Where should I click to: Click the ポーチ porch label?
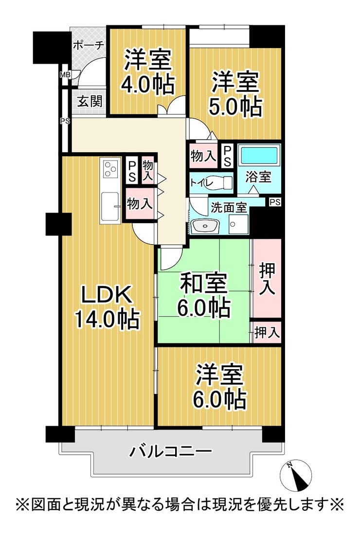coord(89,46)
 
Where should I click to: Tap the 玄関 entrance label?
coord(89,101)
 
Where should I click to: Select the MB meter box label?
coord(64,74)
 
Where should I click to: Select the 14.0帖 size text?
coord(107,319)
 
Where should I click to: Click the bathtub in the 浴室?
coord(259,156)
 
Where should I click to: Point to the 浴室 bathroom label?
coord(258,177)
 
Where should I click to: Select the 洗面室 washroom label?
coord(229,208)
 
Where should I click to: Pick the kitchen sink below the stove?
coord(110,206)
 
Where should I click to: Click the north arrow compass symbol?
coord(296,477)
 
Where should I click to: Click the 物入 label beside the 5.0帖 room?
coord(203,156)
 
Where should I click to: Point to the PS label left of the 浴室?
coord(227,156)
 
